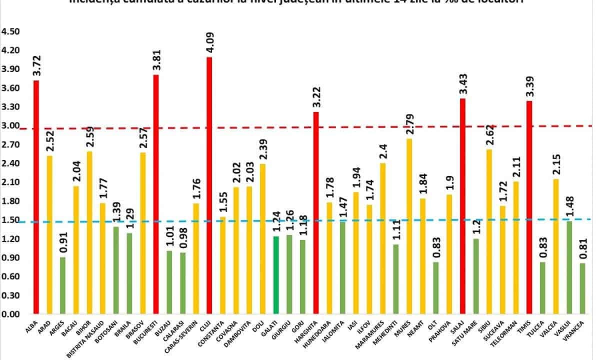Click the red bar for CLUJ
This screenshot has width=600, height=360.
click(x=209, y=185)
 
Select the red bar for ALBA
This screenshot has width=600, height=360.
click(x=36, y=197)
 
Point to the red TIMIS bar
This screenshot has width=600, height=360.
click(x=529, y=207)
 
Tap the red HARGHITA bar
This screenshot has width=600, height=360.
click(x=316, y=213)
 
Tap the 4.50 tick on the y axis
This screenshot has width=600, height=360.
click(x=10, y=31)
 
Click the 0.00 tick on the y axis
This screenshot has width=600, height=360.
click(x=10, y=314)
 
